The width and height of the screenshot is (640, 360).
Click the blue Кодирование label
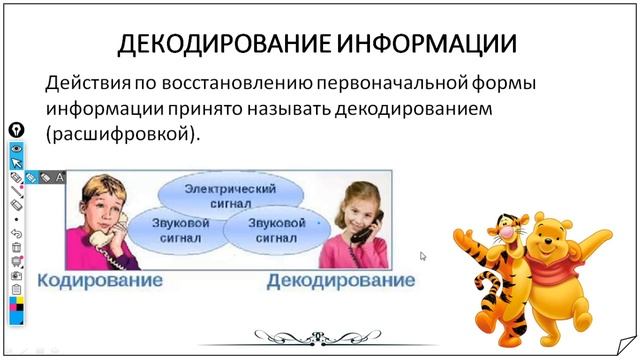100,280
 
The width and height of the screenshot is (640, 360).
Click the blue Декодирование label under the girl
340,281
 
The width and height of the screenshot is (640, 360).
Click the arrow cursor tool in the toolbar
16,162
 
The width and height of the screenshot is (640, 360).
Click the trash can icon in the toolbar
16,247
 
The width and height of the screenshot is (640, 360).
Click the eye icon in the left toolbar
16,147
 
